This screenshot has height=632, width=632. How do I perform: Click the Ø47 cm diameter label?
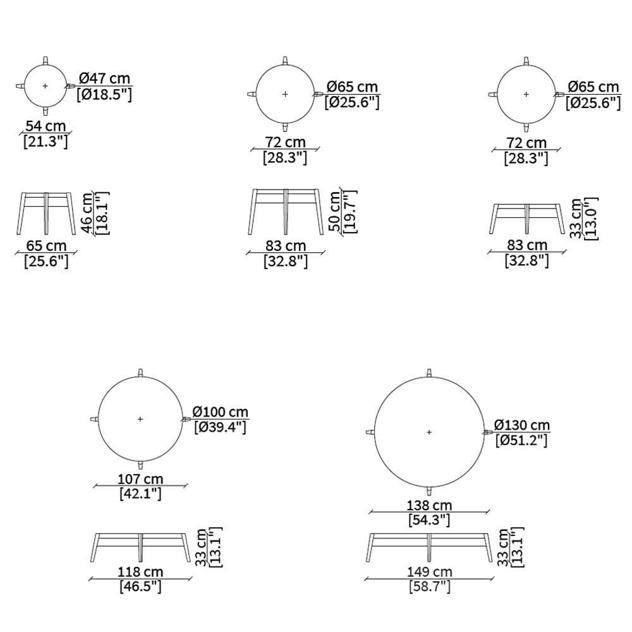(105, 78)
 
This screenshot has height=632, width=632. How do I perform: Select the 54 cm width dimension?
(46, 126)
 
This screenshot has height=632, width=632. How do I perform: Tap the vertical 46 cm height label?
(87, 213)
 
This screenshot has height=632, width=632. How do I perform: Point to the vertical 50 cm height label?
(336, 211)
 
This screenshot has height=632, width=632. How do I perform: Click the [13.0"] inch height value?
(591, 219)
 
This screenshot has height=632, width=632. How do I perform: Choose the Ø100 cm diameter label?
(221, 412)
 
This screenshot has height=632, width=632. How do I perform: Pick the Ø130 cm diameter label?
(522, 425)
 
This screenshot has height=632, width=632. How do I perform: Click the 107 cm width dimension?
(140, 479)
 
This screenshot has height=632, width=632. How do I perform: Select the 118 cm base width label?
(140, 571)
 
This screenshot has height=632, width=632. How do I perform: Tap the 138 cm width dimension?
(429, 505)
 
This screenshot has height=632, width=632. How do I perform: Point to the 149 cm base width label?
(429, 571)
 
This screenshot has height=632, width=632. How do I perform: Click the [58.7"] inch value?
(429, 587)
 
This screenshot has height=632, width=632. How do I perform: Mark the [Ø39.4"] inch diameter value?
(220, 427)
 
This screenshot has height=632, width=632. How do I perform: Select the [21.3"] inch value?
(46, 142)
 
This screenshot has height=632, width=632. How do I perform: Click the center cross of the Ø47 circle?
(45, 86)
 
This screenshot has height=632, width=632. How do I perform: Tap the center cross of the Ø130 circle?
(429, 432)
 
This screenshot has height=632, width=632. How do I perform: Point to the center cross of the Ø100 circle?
(140, 419)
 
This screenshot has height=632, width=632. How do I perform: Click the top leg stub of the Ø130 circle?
(429, 373)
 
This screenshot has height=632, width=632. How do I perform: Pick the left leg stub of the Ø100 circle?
(94, 419)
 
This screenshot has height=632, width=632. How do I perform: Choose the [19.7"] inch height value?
(350, 212)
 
